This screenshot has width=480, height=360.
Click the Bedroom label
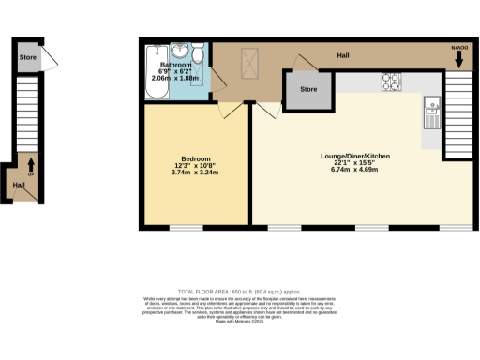tap(196, 158)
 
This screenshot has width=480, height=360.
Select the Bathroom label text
tap(172, 65)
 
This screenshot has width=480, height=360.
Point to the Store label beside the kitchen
tap(308, 90)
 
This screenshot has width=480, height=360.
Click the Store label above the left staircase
tap(27, 57)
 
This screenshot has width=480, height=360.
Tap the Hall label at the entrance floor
tap(19, 185)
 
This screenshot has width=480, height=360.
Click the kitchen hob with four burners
tap(390, 82)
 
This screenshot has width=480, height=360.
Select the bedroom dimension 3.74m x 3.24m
tap(196, 172)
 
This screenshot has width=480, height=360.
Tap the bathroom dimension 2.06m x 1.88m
tap(172, 78)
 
